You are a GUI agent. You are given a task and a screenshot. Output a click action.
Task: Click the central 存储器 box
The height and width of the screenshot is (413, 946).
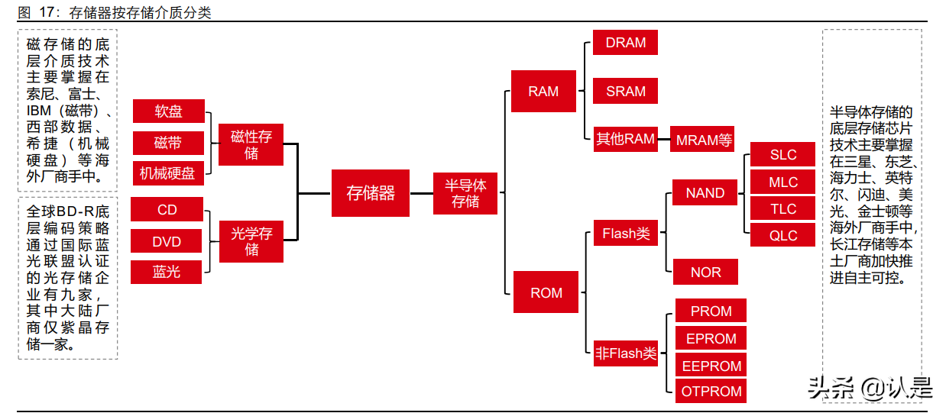371,193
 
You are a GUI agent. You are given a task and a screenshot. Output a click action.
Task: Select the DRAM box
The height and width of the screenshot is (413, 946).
625,43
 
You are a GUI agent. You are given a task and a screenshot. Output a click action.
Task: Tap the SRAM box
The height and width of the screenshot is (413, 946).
625,91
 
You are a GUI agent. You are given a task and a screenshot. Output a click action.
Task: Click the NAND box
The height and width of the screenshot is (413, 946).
705,192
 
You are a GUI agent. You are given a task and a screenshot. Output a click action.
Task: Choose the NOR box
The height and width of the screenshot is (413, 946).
705,272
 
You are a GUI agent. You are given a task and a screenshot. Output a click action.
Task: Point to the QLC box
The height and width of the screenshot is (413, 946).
782,235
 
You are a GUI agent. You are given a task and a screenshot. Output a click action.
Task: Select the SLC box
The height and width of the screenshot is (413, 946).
782,155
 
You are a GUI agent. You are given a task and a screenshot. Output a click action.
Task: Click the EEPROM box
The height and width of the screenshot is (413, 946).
711,366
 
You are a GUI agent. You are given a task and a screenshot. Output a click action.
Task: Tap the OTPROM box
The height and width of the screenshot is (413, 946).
711,392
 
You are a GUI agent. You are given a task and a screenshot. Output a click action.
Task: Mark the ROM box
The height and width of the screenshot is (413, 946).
546,292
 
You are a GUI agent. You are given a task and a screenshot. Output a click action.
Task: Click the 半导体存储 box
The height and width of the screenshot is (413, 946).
465,193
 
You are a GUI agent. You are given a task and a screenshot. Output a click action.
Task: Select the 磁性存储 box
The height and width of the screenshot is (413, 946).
251,145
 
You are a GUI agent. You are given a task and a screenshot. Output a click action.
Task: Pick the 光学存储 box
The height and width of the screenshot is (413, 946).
251,241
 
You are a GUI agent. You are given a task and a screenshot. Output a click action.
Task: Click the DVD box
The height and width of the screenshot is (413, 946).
167,241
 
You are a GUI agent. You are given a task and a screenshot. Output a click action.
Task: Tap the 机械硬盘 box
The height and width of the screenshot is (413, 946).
167,173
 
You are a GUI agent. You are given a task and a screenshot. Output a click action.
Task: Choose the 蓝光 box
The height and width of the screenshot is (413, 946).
167,272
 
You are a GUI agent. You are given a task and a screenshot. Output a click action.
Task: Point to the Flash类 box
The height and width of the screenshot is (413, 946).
625,234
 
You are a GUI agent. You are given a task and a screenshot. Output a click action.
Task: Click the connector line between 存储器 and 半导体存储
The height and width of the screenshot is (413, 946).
421,193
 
